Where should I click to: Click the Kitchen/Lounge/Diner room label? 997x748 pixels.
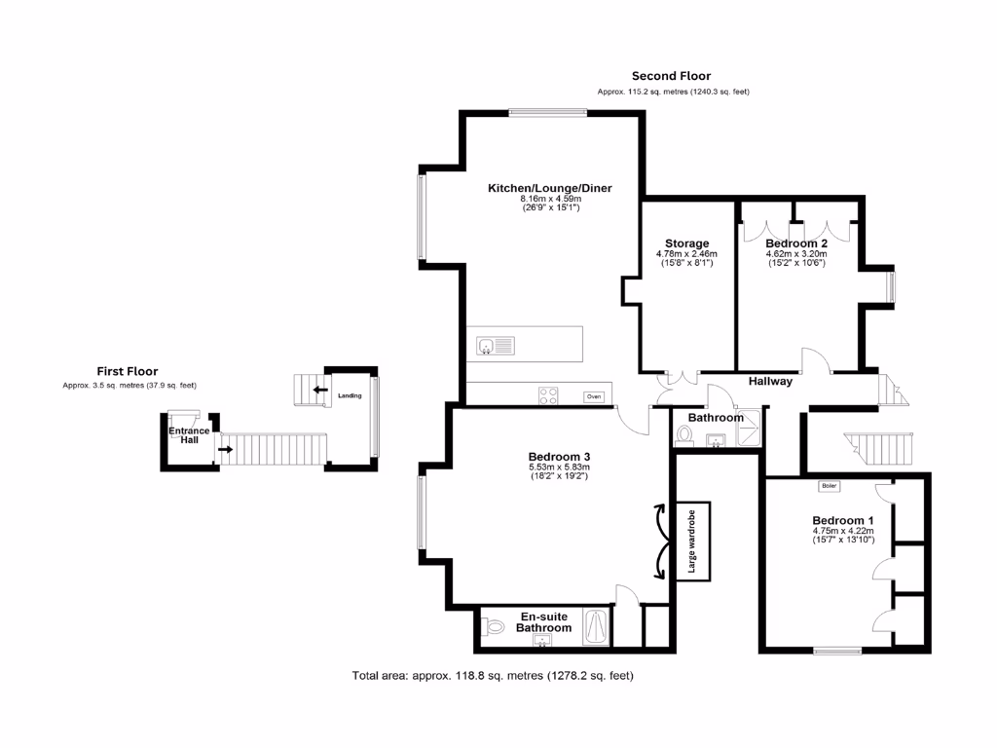(x=549, y=188)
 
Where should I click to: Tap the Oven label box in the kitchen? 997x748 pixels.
(x=593, y=396)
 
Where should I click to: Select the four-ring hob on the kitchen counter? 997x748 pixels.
(x=549, y=395)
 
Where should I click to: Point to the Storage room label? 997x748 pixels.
(x=686, y=243)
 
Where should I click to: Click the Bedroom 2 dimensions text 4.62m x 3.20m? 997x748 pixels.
(x=796, y=254)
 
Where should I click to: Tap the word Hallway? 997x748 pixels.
(x=770, y=382)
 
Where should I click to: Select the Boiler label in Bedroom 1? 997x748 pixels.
(x=829, y=485)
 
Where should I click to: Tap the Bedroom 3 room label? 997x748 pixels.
(x=559, y=457)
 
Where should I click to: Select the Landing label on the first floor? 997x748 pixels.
(x=350, y=396)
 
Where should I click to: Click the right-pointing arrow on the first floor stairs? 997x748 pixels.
(x=225, y=450)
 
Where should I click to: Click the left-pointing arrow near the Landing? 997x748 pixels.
(x=319, y=390)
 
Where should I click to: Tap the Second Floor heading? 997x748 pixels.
(x=671, y=76)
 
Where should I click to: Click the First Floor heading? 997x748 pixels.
(x=127, y=371)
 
